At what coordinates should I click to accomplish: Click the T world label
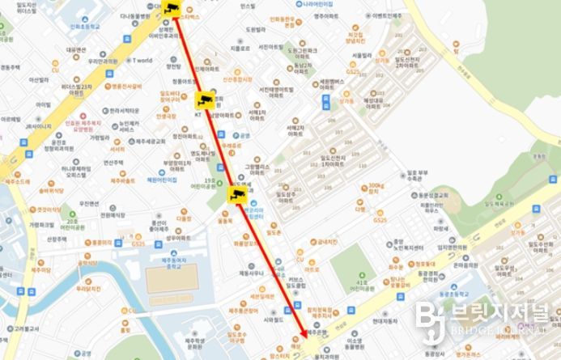pos(143,60)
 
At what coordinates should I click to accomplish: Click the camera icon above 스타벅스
pos(171,8)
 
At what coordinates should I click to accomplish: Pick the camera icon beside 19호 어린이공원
pos(239,193)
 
